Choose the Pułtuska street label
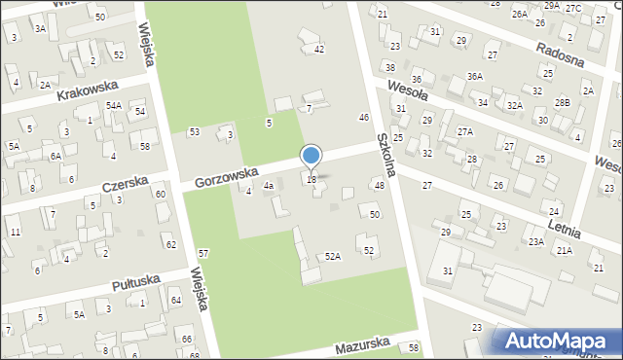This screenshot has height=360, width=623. pyautogui.click(x=133, y=283)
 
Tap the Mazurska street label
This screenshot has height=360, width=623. pyautogui.click(x=362, y=345)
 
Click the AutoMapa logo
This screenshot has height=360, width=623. pyautogui.click(x=558, y=341)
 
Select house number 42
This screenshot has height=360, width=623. pyautogui.click(x=318, y=49)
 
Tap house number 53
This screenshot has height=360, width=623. pyautogui.click(x=194, y=131)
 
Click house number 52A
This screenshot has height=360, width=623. pyautogui.click(x=333, y=257)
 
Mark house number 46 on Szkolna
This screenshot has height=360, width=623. pyautogui.click(x=364, y=117)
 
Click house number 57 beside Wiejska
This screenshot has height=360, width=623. pyautogui.click(x=202, y=253)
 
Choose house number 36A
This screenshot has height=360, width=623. pyautogui.click(x=474, y=76)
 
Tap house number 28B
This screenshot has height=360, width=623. pyautogui.click(x=563, y=102)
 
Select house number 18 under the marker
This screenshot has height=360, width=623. pyautogui.click(x=311, y=180)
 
